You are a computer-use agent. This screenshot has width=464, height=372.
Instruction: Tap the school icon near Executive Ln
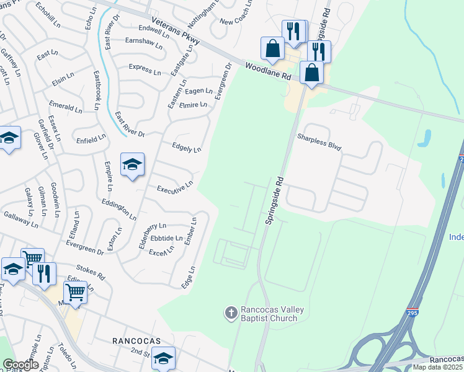tap(132, 165)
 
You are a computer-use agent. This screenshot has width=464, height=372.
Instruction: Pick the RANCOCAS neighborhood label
tap(136, 341)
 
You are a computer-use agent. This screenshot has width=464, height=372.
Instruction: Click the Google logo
tap(20, 364)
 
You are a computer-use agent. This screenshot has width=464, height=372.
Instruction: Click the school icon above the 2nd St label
tap(163, 358)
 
